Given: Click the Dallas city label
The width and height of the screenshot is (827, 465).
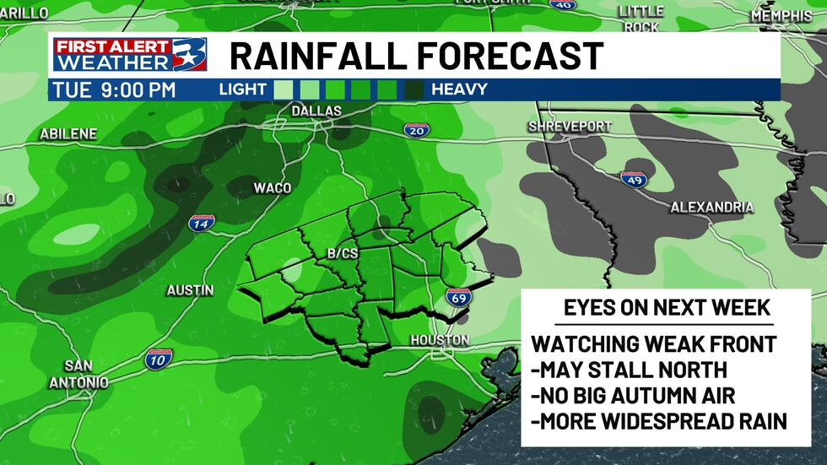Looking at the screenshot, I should pos(316,111).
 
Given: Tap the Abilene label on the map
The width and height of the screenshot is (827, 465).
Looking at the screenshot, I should pos(68,133).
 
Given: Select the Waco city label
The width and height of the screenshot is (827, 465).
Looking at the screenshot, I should pos(273,187).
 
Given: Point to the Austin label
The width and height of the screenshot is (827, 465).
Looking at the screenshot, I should pos(190,289).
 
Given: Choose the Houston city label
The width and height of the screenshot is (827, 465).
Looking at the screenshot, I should pos(439,339).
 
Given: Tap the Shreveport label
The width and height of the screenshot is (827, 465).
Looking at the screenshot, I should pos(570,127).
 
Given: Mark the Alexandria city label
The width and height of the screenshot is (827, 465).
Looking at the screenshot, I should pos(711,207).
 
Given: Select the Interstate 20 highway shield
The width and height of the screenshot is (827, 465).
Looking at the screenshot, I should pos(414,130).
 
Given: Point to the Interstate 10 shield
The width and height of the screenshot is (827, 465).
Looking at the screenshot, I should pos(158,358).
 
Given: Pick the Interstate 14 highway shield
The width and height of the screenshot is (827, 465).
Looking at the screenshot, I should pos(202,223).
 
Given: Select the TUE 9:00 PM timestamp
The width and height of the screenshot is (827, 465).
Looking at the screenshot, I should pos(113,89).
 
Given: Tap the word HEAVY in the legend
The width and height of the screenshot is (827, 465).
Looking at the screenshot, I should pos(459,89).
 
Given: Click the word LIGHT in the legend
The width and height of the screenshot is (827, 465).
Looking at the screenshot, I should pos(242,89).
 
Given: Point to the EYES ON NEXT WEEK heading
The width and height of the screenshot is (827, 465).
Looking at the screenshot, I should pos(667,308).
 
